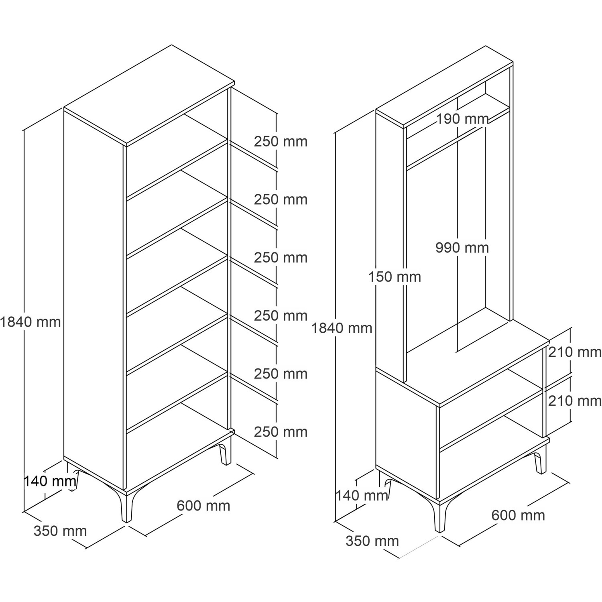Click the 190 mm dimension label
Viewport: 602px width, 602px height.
pyautogui.click(x=462, y=119)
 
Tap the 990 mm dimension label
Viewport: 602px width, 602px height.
pyautogui.click(x=462, y=248)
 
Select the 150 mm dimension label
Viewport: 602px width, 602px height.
pyautogui.click(x=395, y=277)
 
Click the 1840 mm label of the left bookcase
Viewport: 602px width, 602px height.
pyautogui.click(x=30, y=321)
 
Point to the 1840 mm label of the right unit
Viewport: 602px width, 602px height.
pyautogui.click(x=342, y=328)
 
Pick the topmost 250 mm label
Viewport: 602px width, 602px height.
pyautogui.click(x=281, y=141)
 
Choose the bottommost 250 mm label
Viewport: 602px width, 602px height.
pyautogui.click(x=281, y=432)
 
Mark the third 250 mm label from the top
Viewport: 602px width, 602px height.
pyautogui.click(x=281, y=257)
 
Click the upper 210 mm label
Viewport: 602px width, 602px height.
pyautogui.click(x=575, y=352)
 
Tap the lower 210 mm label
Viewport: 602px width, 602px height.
pyautogui.click(x=575, y=401)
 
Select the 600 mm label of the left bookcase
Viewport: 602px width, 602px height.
pyautogui.click(x=203, y=506)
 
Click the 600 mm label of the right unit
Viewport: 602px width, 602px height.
pyautogui.click(x=518, y=515)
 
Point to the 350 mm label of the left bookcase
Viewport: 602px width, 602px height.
pyautogui.click(x=60, y=531)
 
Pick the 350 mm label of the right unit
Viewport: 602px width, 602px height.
pyautogui.click(x=372, y=541)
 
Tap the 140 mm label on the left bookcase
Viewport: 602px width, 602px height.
pyautogui.click(x=50, y=480)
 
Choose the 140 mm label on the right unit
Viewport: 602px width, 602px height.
pyautogui.click(x=362, y=496)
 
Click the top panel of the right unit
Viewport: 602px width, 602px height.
pyautogui.click(x=445, y=87)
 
